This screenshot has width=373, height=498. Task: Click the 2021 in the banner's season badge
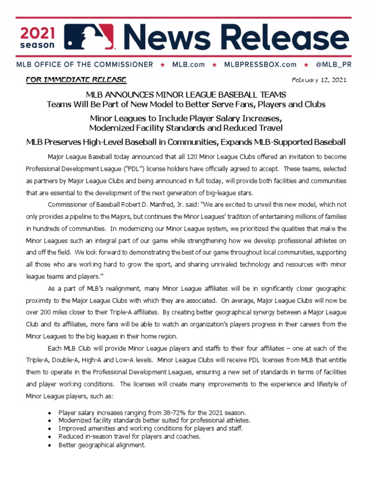point(38,33)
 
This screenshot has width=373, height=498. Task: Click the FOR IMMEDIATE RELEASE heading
point(77,79)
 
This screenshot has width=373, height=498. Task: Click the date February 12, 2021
point(319,80)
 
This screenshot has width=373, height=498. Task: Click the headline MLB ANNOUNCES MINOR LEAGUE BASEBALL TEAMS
point(186,94)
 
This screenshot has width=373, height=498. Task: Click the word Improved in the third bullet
point(72,428)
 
